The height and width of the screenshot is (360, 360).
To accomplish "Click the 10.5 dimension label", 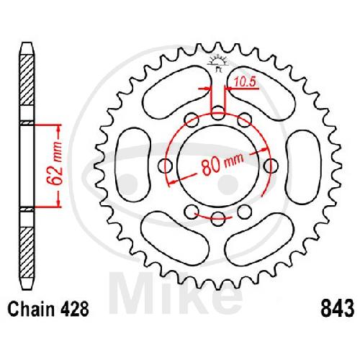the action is pyautogui.click(x=244, y=82).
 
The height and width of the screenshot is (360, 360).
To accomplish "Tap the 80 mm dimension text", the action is pyautogui.click(x=222, y=163).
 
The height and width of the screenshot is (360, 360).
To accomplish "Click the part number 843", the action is pyautogui.click(x=337, y=309).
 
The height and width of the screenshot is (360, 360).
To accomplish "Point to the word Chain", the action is pyautogui.click(x=32, y=309).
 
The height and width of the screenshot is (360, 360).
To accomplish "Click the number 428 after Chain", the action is pyautogui.click(x=75, y=309).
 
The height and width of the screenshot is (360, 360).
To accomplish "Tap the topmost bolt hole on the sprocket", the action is pyautogui.click(x=218, y=112).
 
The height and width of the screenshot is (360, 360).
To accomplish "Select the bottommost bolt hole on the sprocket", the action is pyautogui.click(x=218, y=219).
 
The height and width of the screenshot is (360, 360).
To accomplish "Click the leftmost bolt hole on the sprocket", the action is pyautogui.click(x=166, y=166).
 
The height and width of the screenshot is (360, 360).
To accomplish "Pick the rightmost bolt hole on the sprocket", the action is pyautogui.click(x=271, y=166).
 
